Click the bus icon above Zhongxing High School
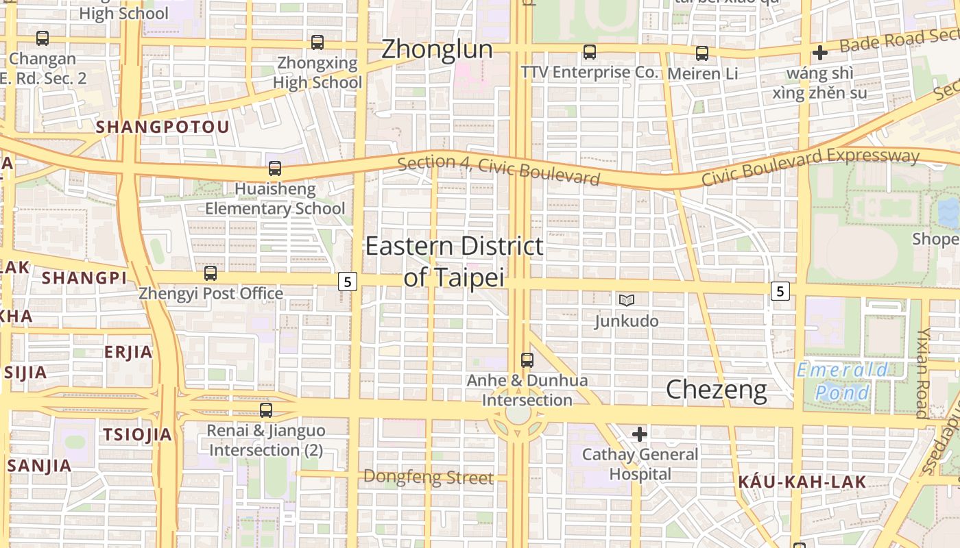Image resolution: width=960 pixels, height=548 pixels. pos(317,42)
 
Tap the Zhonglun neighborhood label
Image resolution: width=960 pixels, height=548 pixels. pos(437,49)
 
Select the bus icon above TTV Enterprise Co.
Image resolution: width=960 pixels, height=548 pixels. pos(590,52)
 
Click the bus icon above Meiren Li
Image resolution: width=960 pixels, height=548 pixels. pos(702,53)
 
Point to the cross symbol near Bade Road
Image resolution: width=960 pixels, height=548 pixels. pos(820,53)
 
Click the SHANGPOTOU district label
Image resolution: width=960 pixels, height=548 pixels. pos(163,127)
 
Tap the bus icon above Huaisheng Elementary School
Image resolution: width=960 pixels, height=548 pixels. pos(275,169)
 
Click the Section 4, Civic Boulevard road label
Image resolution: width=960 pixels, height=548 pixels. pos(499,169)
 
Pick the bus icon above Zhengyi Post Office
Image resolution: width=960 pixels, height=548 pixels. pos(211,273)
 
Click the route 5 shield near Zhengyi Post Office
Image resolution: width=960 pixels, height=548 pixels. pos(348,281)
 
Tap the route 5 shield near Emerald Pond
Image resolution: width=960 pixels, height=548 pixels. pos(780,291)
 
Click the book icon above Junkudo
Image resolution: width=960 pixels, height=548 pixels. pos(626,300)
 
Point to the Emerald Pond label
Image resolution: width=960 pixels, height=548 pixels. pos(843,382)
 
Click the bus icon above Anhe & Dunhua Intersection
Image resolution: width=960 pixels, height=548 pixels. pos(527,360)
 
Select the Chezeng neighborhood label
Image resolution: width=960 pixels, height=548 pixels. pos(717,390)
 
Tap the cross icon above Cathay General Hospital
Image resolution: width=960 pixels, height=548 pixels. pos(640,434)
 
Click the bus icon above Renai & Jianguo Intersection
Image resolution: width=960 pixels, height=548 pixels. pos(266,410)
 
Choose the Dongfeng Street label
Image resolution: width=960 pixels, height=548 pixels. pos(428,477)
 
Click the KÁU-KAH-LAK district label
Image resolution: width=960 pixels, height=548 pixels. pos(802,482)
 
